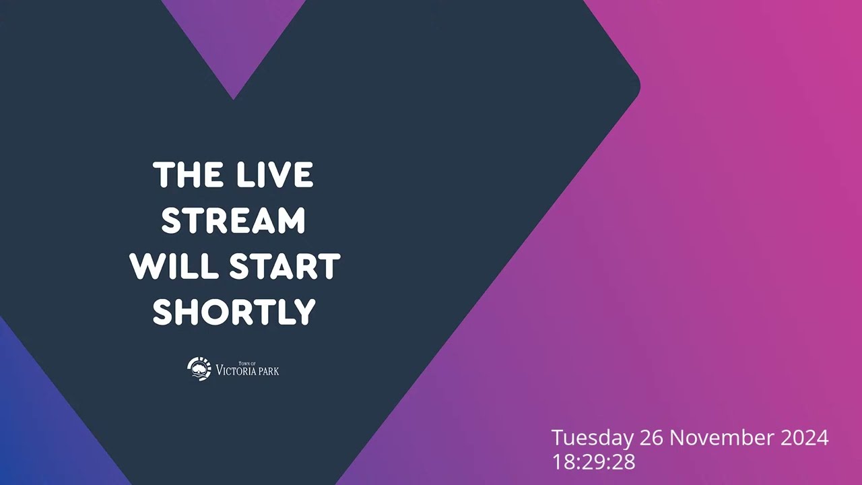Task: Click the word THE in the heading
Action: tap(188, 174)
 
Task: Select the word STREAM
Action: tap(233, 220)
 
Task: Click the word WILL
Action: tap(174, 266)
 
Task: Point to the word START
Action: tap(285, 266)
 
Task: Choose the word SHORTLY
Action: tap(234, 312)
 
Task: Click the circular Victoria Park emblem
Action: tap(199, 368)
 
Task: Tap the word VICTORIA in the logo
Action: tap(235, 370)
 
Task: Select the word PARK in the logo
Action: tap(268, 371)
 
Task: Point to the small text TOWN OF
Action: tap(247, 363)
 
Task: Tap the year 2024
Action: tap(804, 438)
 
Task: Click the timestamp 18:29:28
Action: tap(594, 462)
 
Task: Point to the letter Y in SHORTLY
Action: tap(304, 312)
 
